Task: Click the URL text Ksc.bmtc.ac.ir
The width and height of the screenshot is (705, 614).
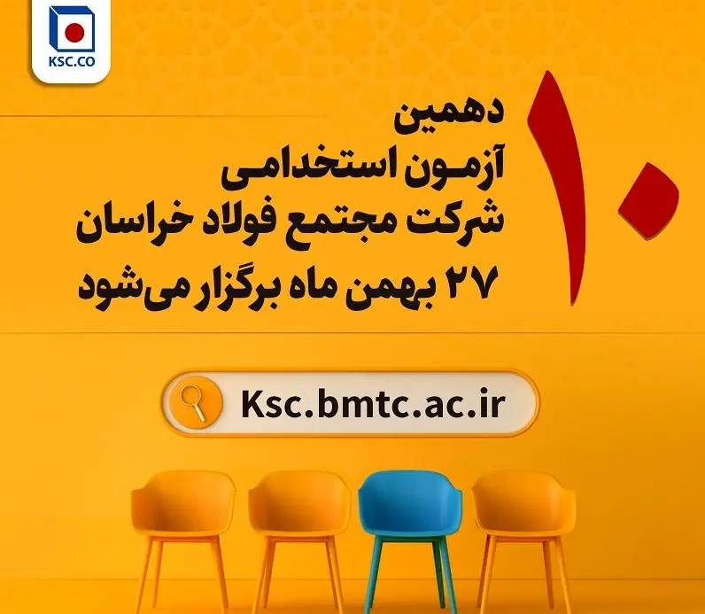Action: point(373,403)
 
